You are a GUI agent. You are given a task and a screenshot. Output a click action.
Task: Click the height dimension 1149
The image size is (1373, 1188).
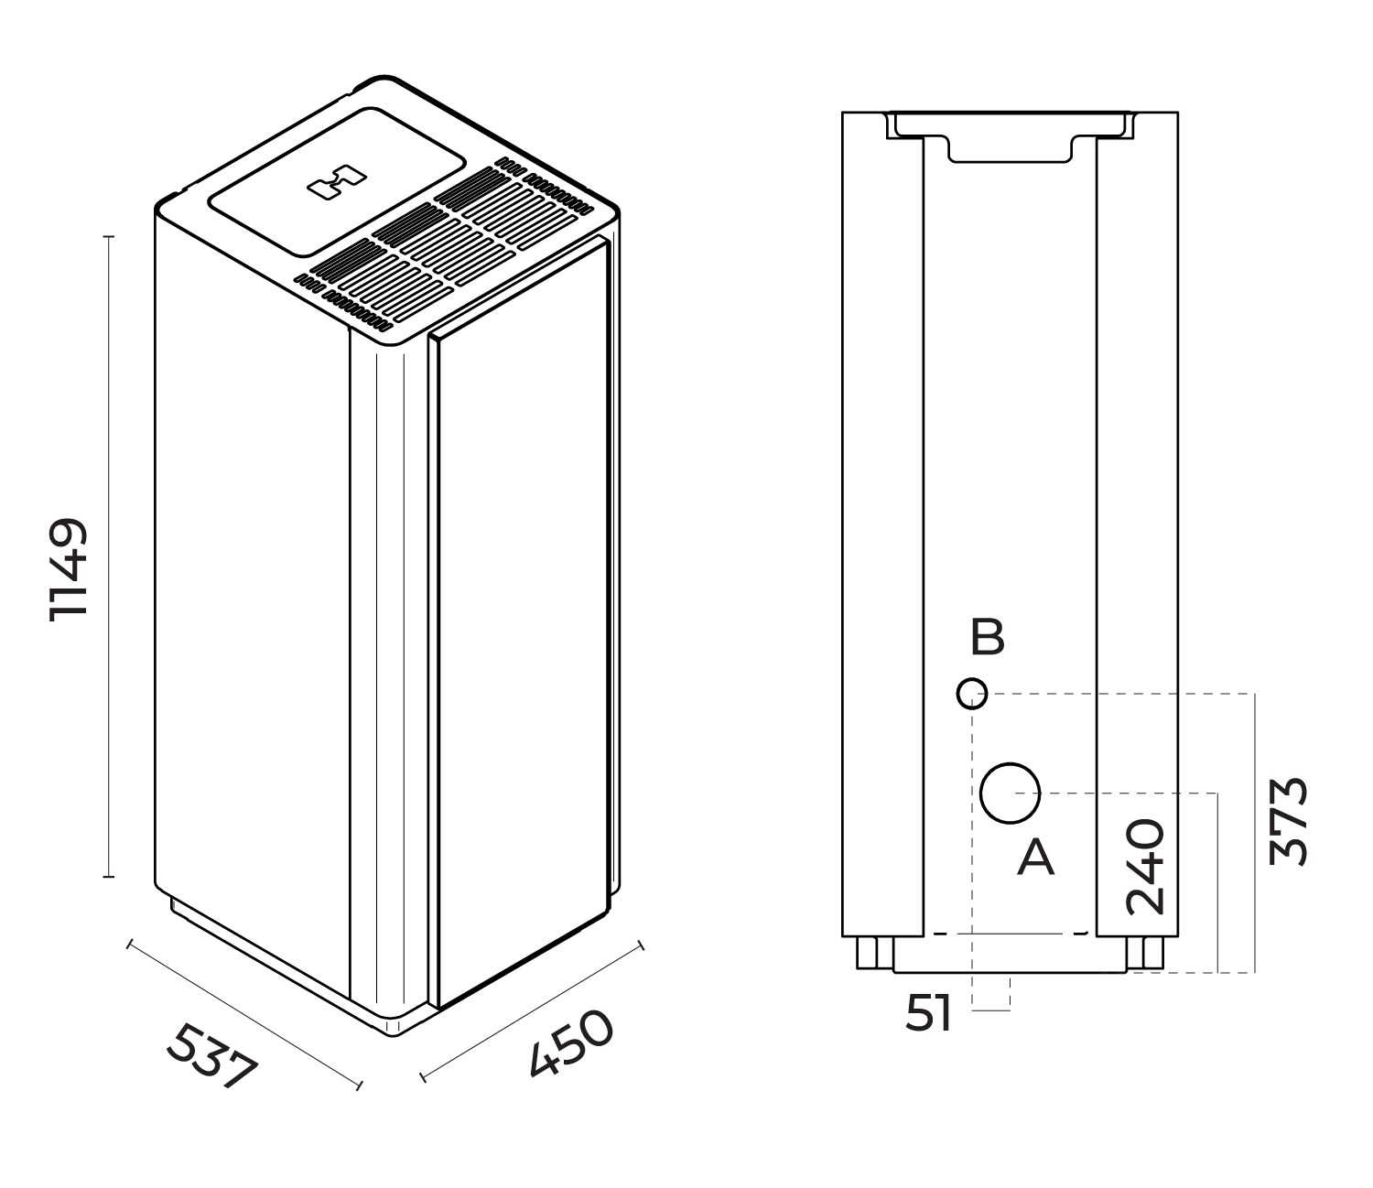(69, 570)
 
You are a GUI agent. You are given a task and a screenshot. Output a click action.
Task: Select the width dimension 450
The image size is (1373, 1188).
(569, 1044)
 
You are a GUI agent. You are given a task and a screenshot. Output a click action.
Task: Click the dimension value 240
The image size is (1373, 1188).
(1145, 867)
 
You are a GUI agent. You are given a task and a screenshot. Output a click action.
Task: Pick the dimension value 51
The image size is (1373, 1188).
(929, 1014)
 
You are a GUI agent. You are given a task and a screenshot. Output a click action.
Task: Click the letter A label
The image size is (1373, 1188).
(1035, 859)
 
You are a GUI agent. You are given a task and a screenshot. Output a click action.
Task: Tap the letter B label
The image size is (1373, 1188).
(987, 638)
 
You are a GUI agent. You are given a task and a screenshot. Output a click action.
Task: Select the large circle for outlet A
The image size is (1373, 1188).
(1010, 794)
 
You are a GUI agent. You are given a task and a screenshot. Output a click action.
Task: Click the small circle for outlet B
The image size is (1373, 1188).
(971, 694)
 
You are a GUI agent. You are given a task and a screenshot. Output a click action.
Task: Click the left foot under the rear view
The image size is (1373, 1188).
(873, 954)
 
